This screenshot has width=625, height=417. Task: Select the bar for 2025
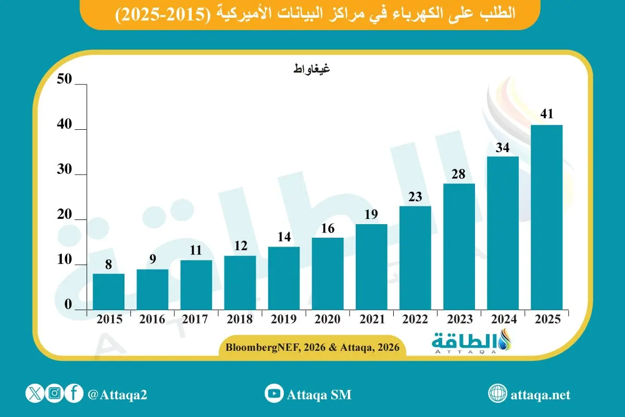(x=546, y=217)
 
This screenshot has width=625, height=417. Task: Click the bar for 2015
(x=108, y=292)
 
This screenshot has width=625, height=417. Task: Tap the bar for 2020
(x=328, y=274)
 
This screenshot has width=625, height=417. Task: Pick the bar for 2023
(x=459, y=247)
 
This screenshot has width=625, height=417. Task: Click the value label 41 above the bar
(x=546, y=114)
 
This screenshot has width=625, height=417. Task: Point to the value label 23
(x=415, y=197)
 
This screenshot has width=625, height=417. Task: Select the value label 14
(x=284, y=237)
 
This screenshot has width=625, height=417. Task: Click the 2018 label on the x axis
(x=240, y=320)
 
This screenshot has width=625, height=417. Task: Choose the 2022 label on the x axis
(x=415, y=320)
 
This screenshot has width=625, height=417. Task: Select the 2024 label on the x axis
(x=503, y=320)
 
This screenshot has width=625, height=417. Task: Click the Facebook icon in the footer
(x=74, y=394)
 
